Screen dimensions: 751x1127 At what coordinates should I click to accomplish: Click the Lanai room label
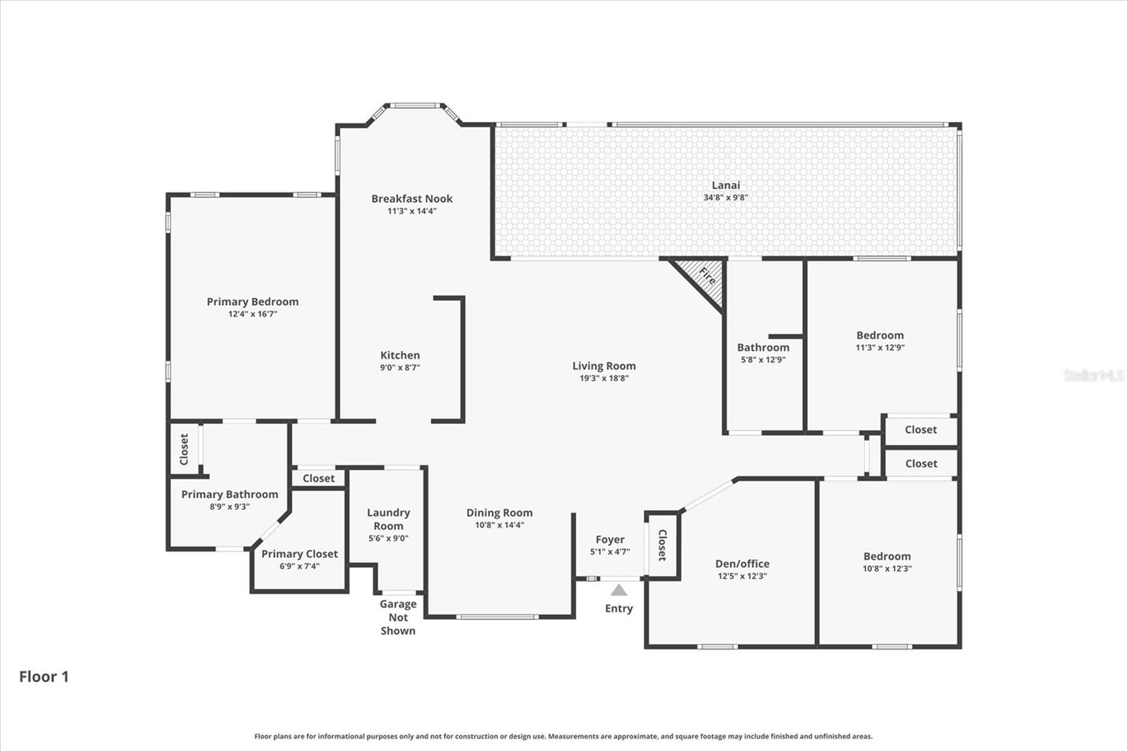(x=726, y=185)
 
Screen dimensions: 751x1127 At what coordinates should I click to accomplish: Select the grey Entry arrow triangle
(x=618, y=590)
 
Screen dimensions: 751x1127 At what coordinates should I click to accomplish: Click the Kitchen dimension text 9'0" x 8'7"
(x=400, y=367)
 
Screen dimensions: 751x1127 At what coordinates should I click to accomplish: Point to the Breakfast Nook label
(x=412, y=199)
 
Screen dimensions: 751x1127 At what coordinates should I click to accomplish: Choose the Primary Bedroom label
(x=252, y=302)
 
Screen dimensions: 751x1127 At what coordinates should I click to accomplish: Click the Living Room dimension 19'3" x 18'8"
(x=604, y=378)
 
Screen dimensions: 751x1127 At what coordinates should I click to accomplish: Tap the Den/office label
(x=742, y=564)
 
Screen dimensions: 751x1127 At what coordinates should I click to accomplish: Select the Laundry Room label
(x=388, y=519)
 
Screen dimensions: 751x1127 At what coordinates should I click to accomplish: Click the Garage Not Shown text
(x=398, y=617)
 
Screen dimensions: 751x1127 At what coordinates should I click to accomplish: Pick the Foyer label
(x=609, y=540)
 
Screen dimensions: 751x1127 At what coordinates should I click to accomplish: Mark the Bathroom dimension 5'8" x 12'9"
(x=763, y=359)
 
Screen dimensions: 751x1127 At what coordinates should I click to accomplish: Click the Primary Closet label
(x=299, y=554)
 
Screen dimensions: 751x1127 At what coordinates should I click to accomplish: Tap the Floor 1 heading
(x=44, y=676)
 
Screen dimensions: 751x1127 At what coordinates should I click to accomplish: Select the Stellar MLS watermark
(x=1093, y=375)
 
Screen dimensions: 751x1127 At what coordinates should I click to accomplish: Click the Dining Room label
(x=499, y=513)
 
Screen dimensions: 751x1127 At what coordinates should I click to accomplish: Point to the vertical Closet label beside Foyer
(x=662, y=545)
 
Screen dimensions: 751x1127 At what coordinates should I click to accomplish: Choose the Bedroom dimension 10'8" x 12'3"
(x=887, y=569)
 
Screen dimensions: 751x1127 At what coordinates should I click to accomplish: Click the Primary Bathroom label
(x=230, y=495)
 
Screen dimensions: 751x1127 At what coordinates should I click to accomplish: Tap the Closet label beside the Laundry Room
(x=318, y=478)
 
